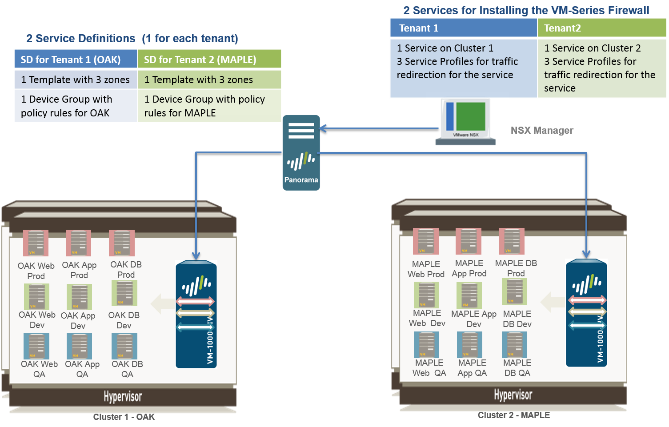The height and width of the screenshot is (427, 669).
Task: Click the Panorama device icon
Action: point(301,152)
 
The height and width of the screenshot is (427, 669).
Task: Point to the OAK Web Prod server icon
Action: point(36,243)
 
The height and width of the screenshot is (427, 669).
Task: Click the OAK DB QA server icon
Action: point(124,346)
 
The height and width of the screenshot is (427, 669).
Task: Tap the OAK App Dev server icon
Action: point(79,297)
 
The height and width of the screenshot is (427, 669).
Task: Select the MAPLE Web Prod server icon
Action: point(426,241)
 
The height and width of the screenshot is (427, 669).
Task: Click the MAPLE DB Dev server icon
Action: point(515,291)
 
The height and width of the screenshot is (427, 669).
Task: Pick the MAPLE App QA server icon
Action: point(469,345)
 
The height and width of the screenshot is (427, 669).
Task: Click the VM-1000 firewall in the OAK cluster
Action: point(196,314)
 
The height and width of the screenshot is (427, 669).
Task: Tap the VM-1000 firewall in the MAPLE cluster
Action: point(586,313)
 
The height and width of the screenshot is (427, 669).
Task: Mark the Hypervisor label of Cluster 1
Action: point(123,396)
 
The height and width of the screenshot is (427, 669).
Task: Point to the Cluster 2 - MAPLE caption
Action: point(513,415)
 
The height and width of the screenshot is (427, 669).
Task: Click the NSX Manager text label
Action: point(541,131)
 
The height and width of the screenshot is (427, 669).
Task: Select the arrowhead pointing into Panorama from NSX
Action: point(323,128)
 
